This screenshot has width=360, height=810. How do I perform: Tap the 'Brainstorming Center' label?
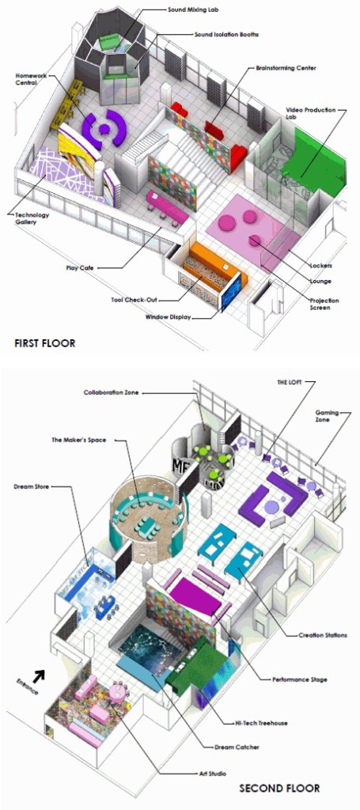tap(286, 68)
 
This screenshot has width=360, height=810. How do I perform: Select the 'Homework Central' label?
tap(30, 79)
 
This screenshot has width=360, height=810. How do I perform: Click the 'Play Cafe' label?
tap(79, 267)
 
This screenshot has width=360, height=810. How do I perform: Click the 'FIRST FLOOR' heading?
tap(45, 343)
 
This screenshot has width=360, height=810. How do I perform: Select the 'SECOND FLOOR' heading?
tap(279, 789)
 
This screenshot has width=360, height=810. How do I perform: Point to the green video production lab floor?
tap(312, 160)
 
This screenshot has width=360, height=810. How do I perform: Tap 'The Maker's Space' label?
tap(78, 440)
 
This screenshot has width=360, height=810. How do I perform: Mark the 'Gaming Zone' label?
tap(327, 416)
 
